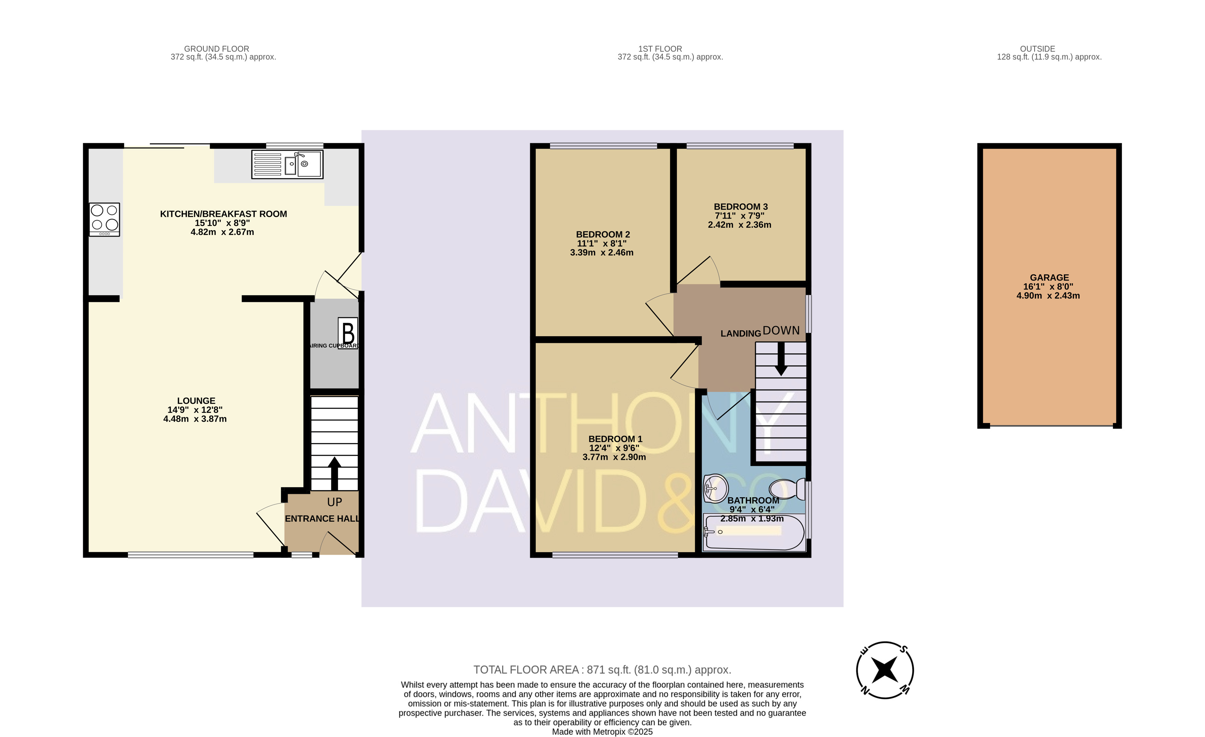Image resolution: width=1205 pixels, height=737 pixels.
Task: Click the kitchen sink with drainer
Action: (x=287, y=164)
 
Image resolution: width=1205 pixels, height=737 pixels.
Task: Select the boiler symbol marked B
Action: (x=348, y=333)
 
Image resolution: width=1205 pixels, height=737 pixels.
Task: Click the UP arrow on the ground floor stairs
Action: (x=335, y=474)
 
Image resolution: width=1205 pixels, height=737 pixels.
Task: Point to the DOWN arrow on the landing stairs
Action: (x=781, y=358)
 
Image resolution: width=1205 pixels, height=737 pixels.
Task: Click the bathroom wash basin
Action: (x=715, y=488)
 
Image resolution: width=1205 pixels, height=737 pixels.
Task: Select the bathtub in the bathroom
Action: (x=754, y=532)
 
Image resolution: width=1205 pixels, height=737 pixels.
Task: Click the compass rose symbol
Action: (x=885, y=670)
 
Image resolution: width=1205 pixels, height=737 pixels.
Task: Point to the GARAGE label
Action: (x=1049, y=277)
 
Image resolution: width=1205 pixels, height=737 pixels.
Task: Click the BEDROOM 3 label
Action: (x=740, y=207)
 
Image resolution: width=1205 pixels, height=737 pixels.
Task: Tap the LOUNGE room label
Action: (x=196, y=401)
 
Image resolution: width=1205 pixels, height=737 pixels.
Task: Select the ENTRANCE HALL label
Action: (x=322, y=519)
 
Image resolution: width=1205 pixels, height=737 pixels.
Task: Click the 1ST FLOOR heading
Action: (x=660, y=49)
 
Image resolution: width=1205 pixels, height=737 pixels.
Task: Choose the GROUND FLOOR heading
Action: (x=217, y=49)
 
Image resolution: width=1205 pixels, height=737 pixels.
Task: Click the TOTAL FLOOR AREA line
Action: (x=602, y=670)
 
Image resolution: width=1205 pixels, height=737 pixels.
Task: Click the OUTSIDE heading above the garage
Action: (x=1037, y=49)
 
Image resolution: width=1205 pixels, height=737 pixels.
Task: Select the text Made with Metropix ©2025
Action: (x=602, y=732)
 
